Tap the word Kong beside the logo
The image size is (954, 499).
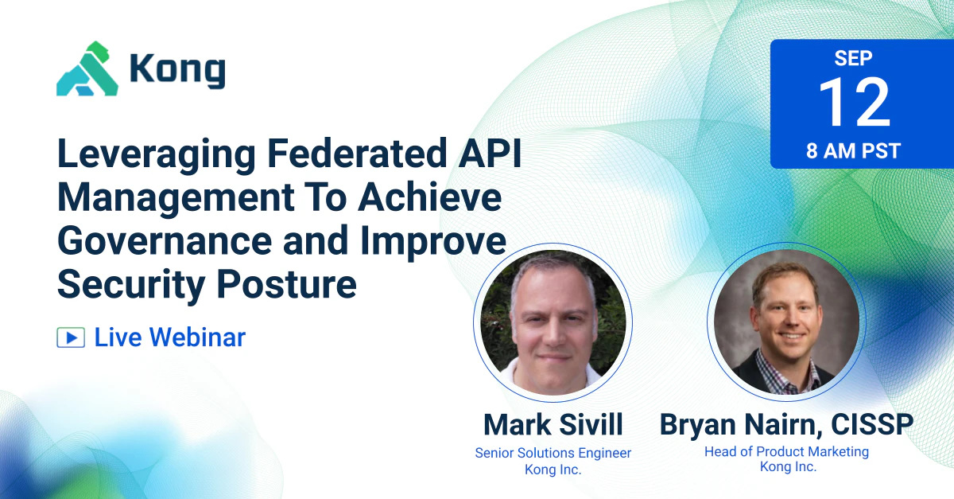[x=176, y=71]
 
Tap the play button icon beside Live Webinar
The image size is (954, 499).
[x=71, y=337]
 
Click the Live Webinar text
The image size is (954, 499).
[x=169, y=337]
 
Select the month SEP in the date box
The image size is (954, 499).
[x=853, y=58]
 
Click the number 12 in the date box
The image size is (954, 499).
[x=854, y=104]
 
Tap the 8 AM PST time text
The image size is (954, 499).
[x=853, y=151]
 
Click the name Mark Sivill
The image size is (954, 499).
[x=553, y=424]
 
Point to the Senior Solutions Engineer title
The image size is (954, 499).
[x=553, y=453]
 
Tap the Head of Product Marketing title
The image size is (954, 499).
[x=786, y=451]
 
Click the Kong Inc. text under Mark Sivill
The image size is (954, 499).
[x=553, y=470]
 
